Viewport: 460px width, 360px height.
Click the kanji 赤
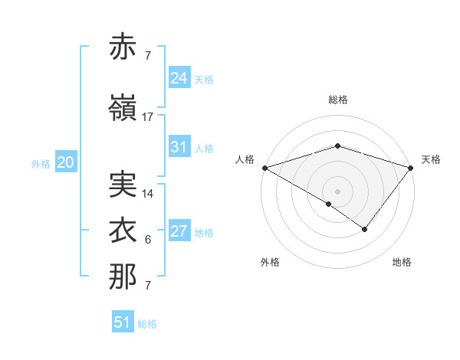tap(123, 47)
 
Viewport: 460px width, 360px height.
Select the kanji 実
tap(123, 183)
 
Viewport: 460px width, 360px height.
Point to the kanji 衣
tap(123, 230)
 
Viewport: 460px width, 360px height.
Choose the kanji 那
tap(123, 277)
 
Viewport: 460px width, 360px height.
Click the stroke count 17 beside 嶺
tap(148, 117)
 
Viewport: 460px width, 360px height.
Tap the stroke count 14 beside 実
tap(148, 194)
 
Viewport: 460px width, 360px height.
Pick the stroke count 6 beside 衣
tap(148, 241)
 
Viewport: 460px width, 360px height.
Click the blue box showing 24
tap(179, 78)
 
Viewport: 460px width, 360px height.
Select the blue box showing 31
tap(179, 147)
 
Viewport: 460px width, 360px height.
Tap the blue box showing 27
tap(179, 232)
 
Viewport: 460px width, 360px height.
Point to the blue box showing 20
tap(65, 162)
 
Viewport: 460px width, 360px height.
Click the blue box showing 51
tap(122, 322)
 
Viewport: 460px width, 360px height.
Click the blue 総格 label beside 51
tap(147, 324)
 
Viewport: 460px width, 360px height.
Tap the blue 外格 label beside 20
tap(41, 163)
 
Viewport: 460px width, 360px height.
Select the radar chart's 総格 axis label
tap(338, 100)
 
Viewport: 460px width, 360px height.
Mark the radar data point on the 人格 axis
tap(264, 168)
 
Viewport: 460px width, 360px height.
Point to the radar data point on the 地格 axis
tap(365, 229)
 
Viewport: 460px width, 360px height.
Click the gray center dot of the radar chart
tap(338, 191)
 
